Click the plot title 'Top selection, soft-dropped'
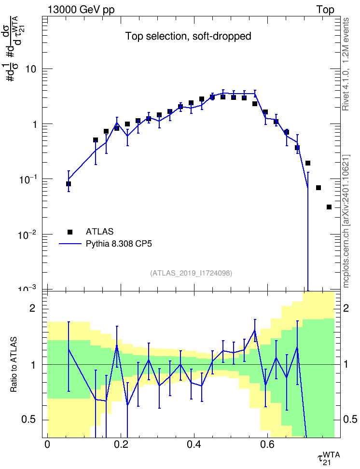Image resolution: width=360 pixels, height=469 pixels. [x=188, y=36]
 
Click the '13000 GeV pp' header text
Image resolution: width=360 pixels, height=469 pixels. [x=81, y=10]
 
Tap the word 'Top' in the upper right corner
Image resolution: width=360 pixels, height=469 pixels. [x=325, y=10]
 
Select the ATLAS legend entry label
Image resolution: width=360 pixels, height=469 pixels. [x=99, y=232]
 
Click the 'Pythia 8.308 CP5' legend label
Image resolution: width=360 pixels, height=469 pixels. [x=119, y=244]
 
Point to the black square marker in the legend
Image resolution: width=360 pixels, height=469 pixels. [x=70, y=232]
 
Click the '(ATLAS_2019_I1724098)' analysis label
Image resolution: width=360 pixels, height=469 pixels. [x=191, y=273]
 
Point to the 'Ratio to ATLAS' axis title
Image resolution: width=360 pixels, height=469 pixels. [x=14, y=364]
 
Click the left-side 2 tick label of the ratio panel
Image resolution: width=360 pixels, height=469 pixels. [x=32, y=308]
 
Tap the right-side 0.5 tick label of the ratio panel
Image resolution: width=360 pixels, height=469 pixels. [x=350, y=419]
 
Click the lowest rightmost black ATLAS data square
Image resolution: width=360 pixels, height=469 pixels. [x=329, y=207]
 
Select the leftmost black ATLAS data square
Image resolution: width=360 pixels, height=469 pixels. [x=69, y=184]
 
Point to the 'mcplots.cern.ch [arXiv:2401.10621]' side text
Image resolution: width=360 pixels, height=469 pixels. [x=346, y=221]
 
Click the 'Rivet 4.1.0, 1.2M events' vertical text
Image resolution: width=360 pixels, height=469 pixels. [x=346, y=64]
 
